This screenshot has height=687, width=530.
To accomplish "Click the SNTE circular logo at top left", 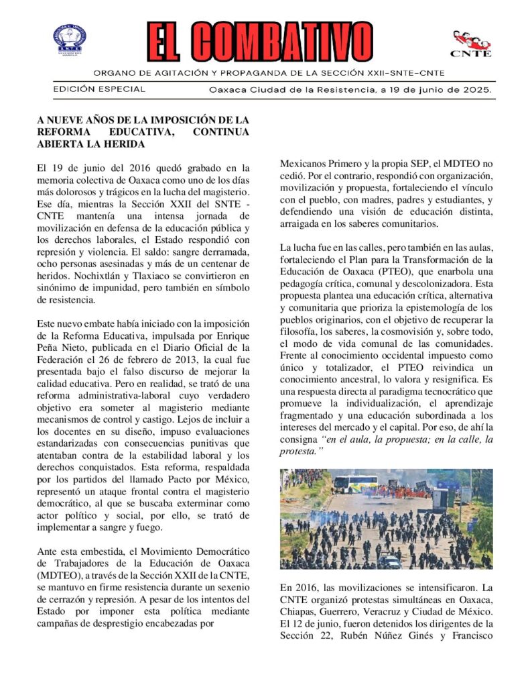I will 70,40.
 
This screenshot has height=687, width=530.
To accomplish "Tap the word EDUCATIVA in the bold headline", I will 135,132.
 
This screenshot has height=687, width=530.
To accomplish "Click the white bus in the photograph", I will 352,482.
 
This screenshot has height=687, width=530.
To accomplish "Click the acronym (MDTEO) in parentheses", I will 62,576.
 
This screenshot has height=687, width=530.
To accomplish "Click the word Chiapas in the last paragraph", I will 297,612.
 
